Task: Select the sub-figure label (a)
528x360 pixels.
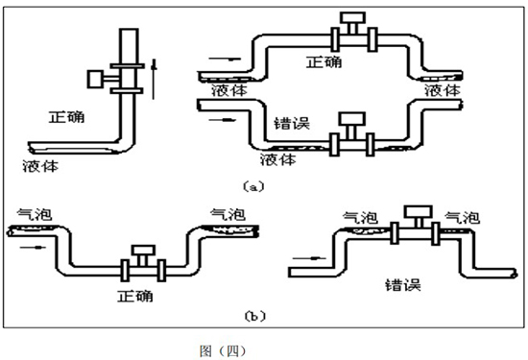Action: point(252,187)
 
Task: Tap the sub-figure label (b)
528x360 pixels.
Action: point(254,314)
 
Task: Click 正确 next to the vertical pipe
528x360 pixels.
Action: point(66,118)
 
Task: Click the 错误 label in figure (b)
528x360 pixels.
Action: point(402,284)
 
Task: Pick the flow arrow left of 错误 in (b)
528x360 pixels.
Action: point(305,256)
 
